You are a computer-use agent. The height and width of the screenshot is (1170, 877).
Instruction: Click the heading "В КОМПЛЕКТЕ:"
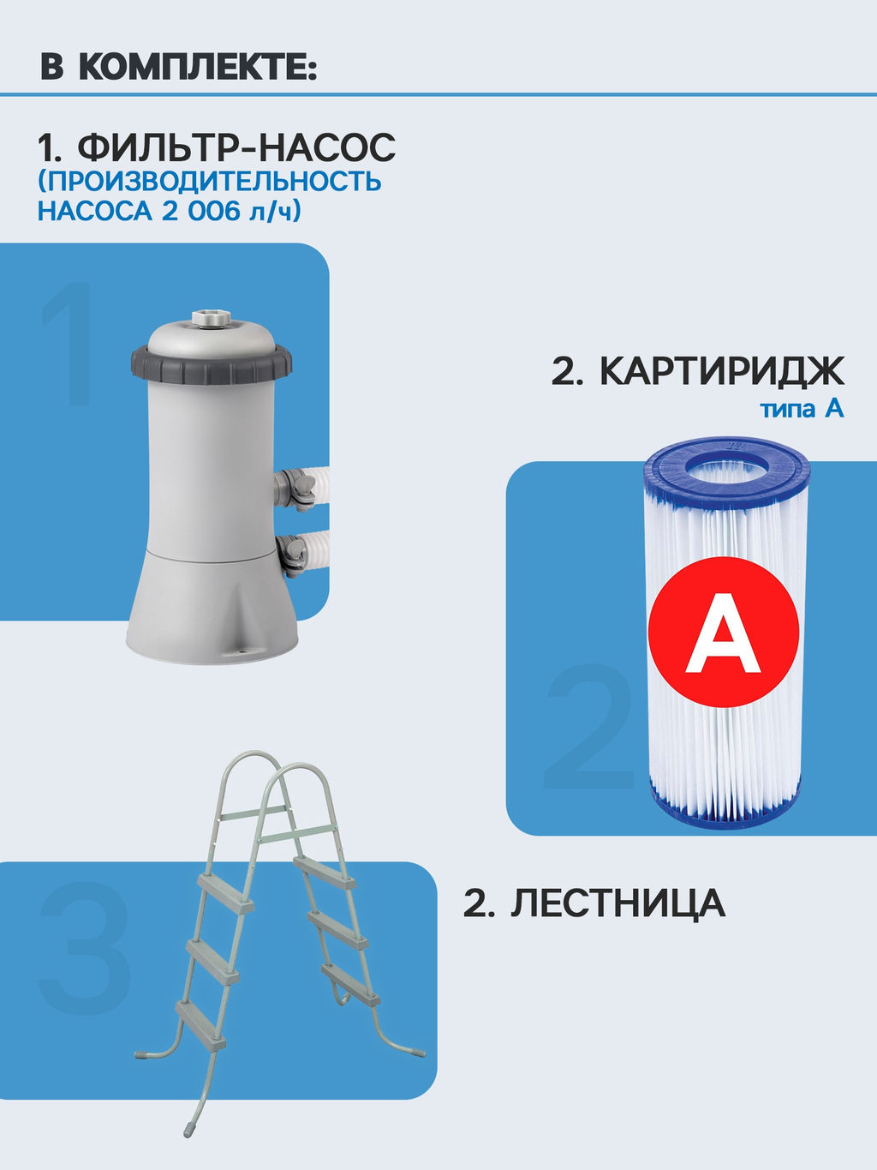178,68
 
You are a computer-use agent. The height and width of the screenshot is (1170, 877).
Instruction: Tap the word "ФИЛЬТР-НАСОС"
237,148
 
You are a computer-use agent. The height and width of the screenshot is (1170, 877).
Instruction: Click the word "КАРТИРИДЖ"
721,371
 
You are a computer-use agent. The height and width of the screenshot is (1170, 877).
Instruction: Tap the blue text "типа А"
802,409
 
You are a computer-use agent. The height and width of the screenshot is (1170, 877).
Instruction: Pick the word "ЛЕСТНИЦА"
617,904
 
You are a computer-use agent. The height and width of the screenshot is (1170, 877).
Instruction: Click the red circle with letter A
724,633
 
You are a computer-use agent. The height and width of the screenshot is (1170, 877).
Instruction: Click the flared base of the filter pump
212,609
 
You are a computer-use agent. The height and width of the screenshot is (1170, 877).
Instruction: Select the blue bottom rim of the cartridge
726,811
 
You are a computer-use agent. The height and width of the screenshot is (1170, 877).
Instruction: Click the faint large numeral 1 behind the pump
69,343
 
